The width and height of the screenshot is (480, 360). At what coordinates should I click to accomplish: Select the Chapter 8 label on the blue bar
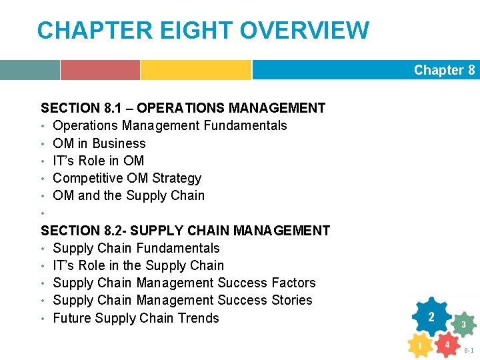pyautogui.click(x=444, y=70)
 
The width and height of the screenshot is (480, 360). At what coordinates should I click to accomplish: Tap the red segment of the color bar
pyautogui.click(x=100, y=70)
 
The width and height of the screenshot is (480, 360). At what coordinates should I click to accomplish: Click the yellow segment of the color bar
pyautogui.click(x=195, y=70)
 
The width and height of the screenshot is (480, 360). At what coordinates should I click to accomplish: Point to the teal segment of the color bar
pyautogui.click(x=29, y=70)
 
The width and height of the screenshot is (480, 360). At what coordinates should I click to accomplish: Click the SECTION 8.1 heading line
pyautogui.click(x=183, y=108)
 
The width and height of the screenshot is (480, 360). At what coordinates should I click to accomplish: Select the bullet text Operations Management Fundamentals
pyautogui.click(x=169, y=125)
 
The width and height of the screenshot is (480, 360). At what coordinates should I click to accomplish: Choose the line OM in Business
pyautogui.click(x=99, y=143)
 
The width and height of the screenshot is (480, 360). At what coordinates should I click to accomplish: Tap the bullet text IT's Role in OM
pyautogui.click(x=98, y=161)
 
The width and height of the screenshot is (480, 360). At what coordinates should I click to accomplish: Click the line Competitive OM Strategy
pyautogui.click(x=127, y=178)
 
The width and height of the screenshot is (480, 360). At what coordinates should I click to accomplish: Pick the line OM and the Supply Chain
pyautogui.click(x=129, y=195)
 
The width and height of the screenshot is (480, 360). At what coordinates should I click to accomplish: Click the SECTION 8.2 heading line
pyautogui.click(x=185, y=231)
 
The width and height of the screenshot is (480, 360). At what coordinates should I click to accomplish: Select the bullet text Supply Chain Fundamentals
pyautogui.click(x=136, y=248)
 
